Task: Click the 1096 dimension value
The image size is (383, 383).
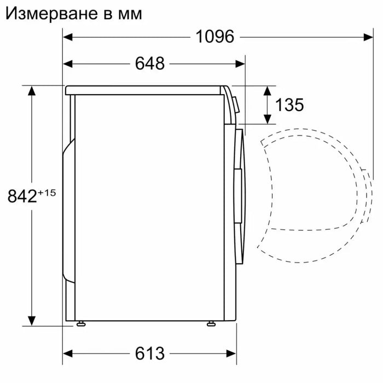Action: [215, 37]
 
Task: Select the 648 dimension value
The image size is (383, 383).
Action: [150, 63]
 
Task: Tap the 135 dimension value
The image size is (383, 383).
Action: [289, 104]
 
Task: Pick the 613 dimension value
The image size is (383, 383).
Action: [150, 353]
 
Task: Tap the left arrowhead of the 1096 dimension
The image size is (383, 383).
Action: [67, 37]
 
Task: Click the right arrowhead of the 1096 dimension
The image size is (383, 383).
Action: [369, 37]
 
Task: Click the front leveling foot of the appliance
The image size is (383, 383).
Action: [211, 323]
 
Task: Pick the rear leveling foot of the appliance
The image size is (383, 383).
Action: [82, 323]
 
